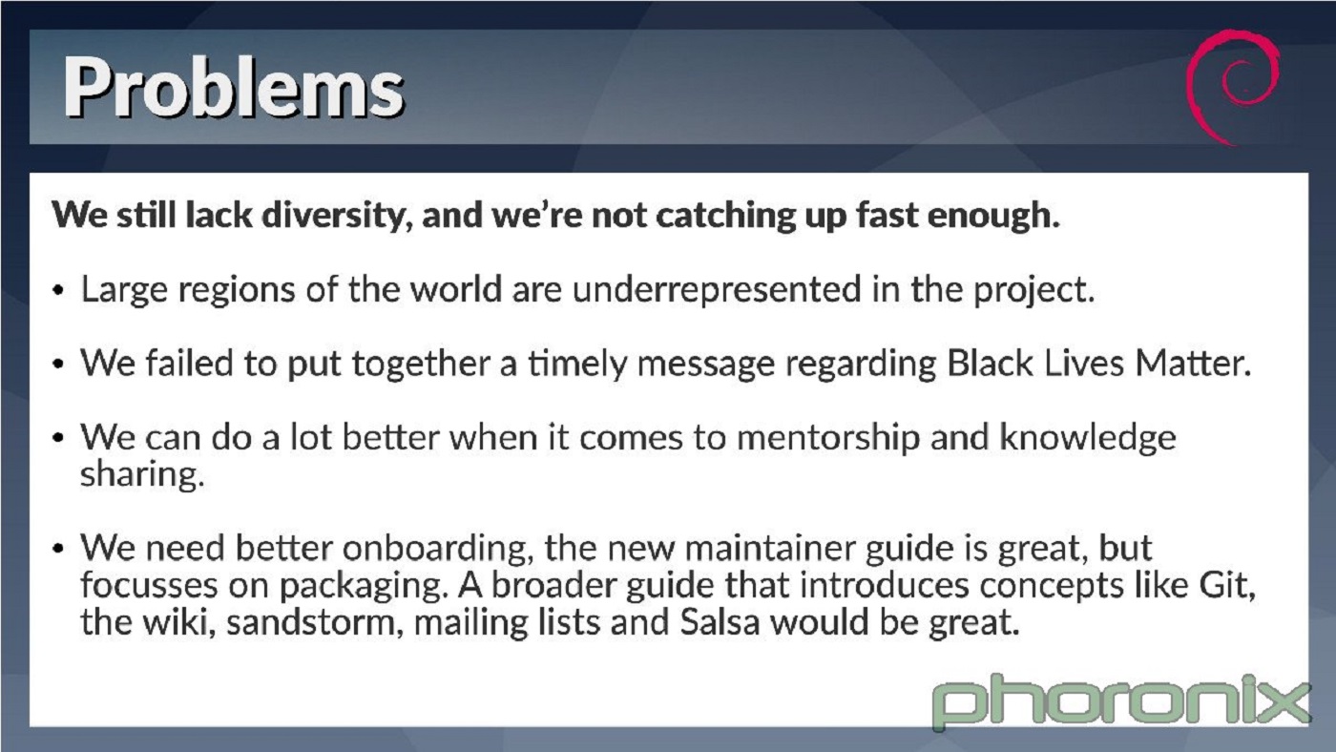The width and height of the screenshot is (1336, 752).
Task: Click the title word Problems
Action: click(x=234, y=88)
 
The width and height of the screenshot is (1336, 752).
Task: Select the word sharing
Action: click(x=141, y=475)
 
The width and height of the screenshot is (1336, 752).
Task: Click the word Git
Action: click(x=1225, y=584)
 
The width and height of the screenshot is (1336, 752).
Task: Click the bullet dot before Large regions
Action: click(x=59, y=291)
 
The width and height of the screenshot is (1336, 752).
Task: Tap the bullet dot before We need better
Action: click(x=59, y=551)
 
